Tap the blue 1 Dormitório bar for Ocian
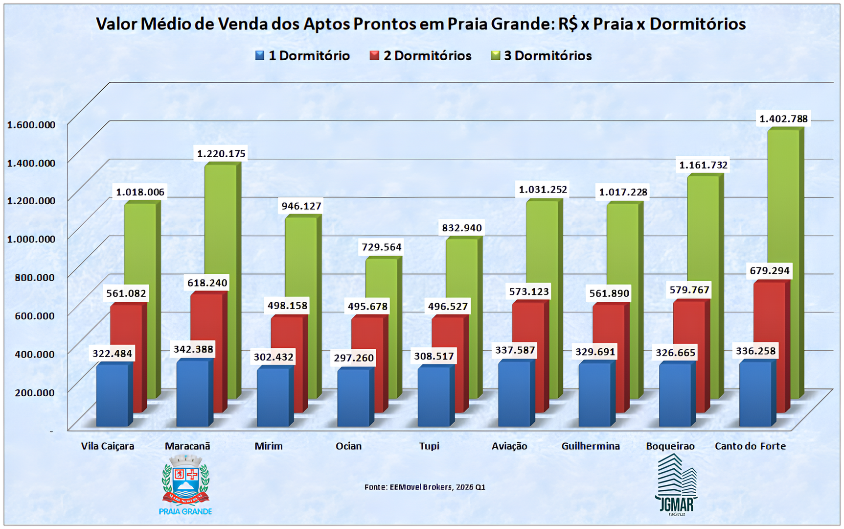click(x=353, y=397)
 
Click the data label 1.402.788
click(x=783, y=119)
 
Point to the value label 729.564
click(x=381, y=247)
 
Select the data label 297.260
click(x=353, y=358)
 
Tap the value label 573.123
click(x=529, y=292)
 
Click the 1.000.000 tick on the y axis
click(x=31, y=239)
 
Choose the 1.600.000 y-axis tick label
click(x=31, y=124)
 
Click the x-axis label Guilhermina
click(x=590, y=446)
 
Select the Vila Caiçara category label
click(x=107, y=446)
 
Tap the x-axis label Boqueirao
click(x=670, y=446)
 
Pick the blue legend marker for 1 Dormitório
click(x=260, y=55)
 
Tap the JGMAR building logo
click(x=676, y=482)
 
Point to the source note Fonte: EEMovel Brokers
click(x=425, y=487)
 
